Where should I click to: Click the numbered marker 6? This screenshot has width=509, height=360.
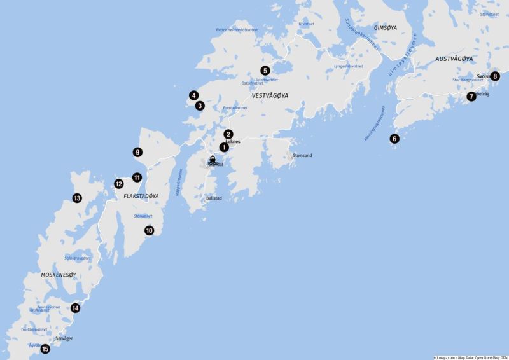pyautogui.click(x=394, y=139)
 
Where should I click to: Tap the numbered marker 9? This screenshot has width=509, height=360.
pyautogui.click(x=137, y=152)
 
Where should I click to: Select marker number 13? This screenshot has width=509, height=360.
pyautogui.click(x=77, y=198)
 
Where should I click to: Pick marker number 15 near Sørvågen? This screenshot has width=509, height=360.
pyautogui.click(x=45, y=349)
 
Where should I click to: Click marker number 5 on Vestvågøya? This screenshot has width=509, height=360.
pyautogui.click(x=265, y=71)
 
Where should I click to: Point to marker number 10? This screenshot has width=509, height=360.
pyautogui.click(x=150, y=230)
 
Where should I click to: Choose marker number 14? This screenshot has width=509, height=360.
pyautogui.click(x=76, y=308)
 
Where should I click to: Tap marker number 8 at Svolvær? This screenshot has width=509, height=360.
pyautogui.click(x=496, y=76)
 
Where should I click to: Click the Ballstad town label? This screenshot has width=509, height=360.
pyautogui.click(x=214, y=198)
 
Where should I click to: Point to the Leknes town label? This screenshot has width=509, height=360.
pyautogui.click(x=233, y=142)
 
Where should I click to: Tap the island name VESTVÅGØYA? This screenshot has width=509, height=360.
pyautogui.click(x=270, y=95)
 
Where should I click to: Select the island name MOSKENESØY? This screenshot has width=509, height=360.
pyautogui.click(x=59, y=274)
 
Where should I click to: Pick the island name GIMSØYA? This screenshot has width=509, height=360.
pyautogui.click(x=386, y=27)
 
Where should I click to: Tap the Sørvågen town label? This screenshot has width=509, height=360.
pyautogui.click(x=65, y=338)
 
